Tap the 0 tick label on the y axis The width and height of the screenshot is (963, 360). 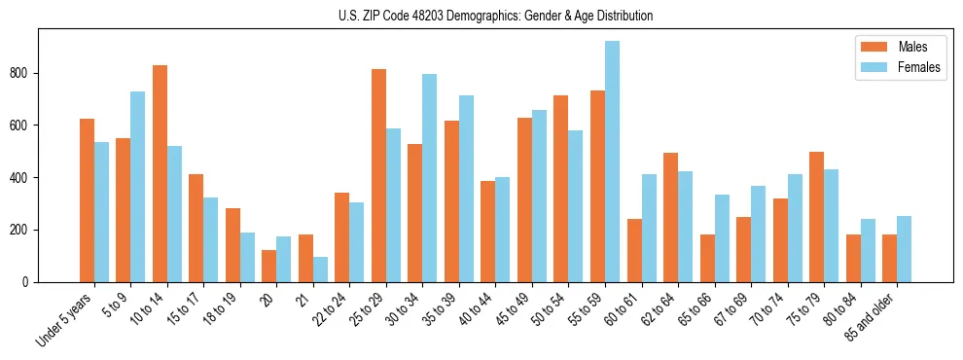point(28,282)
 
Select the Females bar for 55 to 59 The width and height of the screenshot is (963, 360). point(612,162)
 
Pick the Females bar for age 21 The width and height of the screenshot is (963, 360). point(320,270)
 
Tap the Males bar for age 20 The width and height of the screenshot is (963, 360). point(269,266)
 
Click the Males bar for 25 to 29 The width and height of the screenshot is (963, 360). point(378,175)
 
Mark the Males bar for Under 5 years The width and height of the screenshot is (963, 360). point(87,200)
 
